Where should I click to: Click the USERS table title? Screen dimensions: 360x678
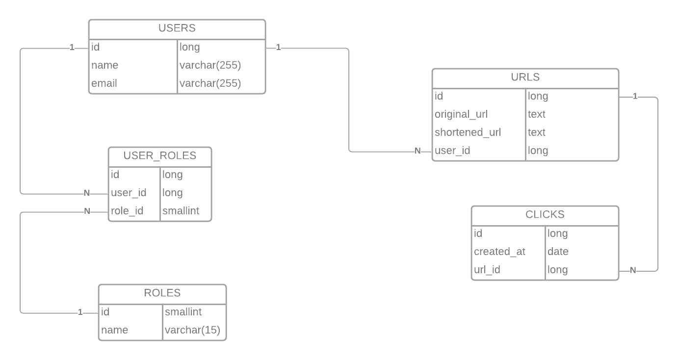coord(177,28)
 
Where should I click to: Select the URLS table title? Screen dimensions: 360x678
coord(525,77)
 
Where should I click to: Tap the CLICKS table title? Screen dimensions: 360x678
coord(545,215)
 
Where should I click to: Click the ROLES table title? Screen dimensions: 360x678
coord(162,293)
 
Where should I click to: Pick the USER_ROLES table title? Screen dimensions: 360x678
coord(159,156)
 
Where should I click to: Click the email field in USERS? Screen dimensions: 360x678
coord(104,83)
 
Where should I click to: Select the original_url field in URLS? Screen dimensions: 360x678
coord(461,114)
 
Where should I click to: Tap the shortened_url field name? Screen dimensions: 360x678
coord(468,132)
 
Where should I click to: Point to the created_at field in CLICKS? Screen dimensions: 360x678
coord(499,252)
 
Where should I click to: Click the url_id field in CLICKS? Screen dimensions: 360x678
coord(487,270)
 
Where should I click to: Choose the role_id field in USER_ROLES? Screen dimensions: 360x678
coord(127,211)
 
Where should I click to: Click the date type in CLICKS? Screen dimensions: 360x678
coord(558,252)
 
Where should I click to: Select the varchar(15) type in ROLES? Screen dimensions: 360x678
coord(192,330)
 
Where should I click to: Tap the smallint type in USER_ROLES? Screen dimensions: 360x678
coord(181,211)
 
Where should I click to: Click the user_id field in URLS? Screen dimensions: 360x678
coord(452,151)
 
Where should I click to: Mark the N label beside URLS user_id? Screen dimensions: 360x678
coord(417,151)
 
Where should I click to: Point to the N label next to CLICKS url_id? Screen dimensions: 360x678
coord(633,270)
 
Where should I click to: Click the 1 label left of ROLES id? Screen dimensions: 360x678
coord(80,312)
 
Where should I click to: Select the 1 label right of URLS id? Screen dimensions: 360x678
coord(635,97)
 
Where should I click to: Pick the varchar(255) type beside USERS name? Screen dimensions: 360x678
coord(210,65)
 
